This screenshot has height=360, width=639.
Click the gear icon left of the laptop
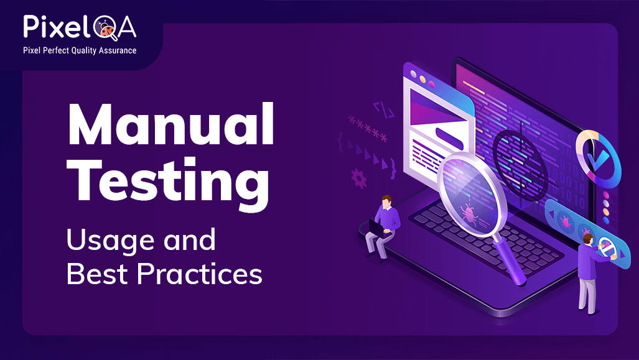click(359, 178)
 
